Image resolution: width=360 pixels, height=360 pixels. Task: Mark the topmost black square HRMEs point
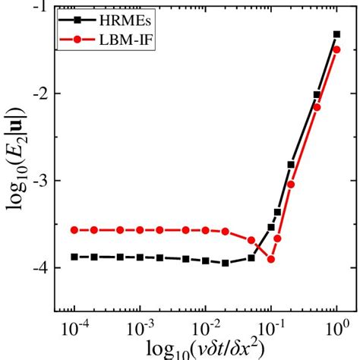tap(336, 34)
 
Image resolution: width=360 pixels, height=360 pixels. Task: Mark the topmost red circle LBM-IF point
tap(336, 49)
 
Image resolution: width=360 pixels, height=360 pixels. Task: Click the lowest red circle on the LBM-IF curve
tap(271, 259)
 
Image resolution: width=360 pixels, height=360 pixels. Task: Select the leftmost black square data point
tap(74, 257)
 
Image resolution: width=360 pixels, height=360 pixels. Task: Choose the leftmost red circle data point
tap(74, 229)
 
